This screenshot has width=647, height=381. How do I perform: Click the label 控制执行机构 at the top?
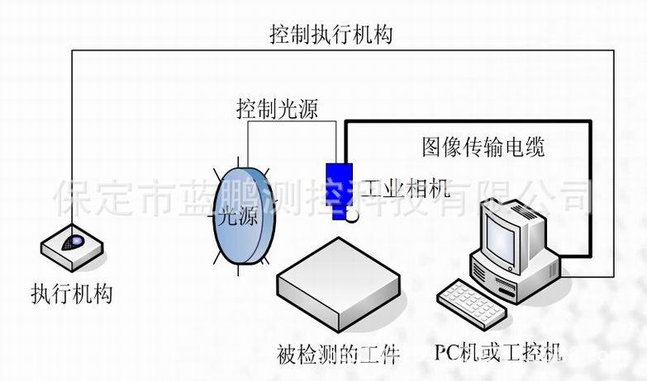click(331, 35)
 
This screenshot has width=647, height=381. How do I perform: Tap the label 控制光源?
click(277, 108)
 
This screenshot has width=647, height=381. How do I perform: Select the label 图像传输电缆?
click(483, 148)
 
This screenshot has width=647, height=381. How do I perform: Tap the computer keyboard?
click(472, 303)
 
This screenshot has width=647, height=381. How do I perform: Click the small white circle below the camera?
click(353, 217)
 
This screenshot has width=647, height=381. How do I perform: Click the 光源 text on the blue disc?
click(235, 216)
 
